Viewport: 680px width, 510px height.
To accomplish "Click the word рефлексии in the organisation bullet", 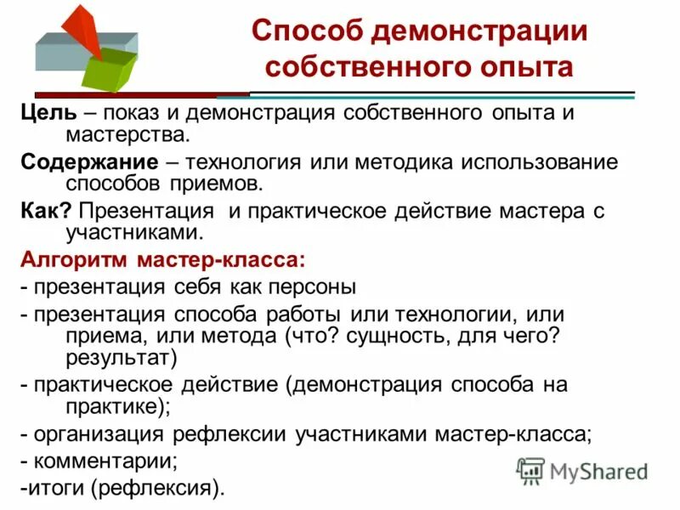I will tap(231, 433).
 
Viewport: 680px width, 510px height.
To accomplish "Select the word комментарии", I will tap(105, 462).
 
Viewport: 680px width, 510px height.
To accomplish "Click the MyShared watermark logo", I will tap(583, 470).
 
